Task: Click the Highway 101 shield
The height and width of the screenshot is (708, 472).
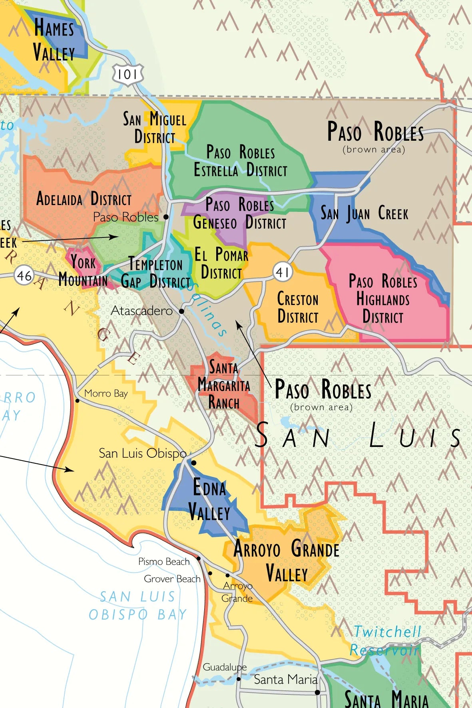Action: point(127,74)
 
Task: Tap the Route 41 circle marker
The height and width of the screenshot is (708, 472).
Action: point(283,272)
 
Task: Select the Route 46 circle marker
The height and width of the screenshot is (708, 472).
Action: point(24,275)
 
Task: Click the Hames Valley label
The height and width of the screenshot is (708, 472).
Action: point(54,40)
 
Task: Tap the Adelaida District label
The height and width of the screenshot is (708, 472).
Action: point(84,199)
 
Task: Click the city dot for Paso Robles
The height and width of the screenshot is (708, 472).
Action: point(166,217)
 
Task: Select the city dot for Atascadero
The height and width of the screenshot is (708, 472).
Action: point(181,311)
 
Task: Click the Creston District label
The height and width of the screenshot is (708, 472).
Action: point(298,308)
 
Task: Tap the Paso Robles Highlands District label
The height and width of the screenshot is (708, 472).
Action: point(383,299)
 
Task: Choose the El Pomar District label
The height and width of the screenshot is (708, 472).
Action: point(221,263)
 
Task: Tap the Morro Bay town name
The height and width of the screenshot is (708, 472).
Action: point(106,393)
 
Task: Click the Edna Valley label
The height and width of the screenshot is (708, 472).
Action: point(209,500)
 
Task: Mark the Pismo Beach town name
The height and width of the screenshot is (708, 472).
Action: point(164,562)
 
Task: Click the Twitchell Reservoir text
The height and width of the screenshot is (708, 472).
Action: point(386,641)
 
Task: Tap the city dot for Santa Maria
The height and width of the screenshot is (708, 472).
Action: point(317,692)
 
